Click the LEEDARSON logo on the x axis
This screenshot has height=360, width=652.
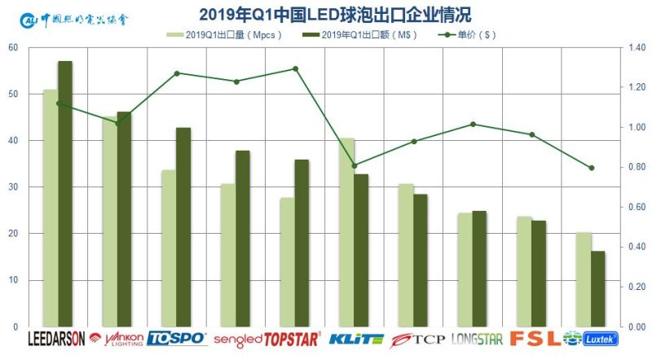click(x=57, y=339)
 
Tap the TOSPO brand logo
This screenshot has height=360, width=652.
click(x=177, y=339)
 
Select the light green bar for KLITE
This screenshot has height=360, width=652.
click(x=346, y=232)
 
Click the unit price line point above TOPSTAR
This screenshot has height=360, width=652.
click(x=295, y=68)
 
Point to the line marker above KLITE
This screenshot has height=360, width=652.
click(x=354, y=165)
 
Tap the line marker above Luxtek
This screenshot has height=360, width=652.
click(x=591, y=168)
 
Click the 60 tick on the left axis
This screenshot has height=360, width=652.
click(x=12, y=47)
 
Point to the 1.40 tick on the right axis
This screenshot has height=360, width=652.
click(x=636, y=47)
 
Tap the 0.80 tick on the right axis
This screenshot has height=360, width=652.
click(x=636, y=167)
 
